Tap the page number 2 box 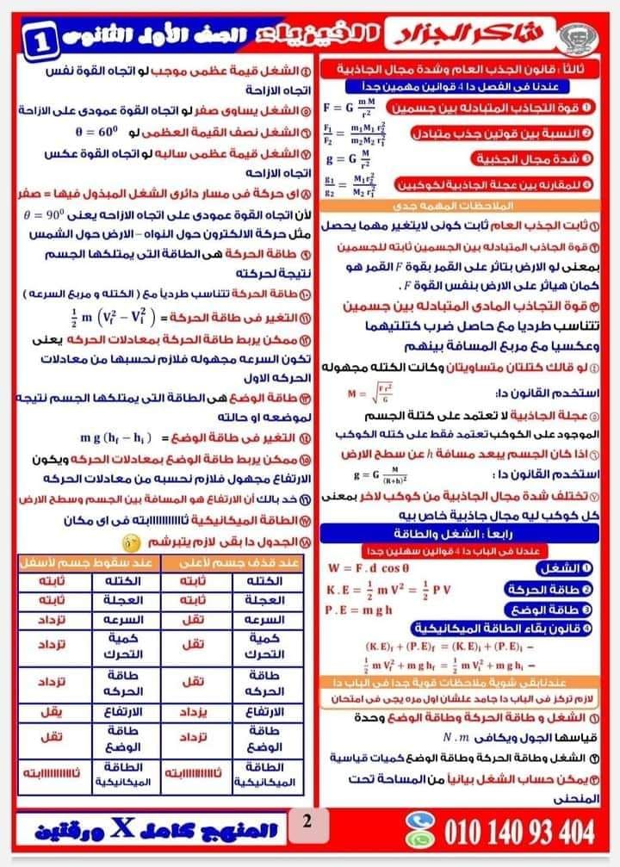(x=306, y=822)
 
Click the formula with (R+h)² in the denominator (x=379, y=475)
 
